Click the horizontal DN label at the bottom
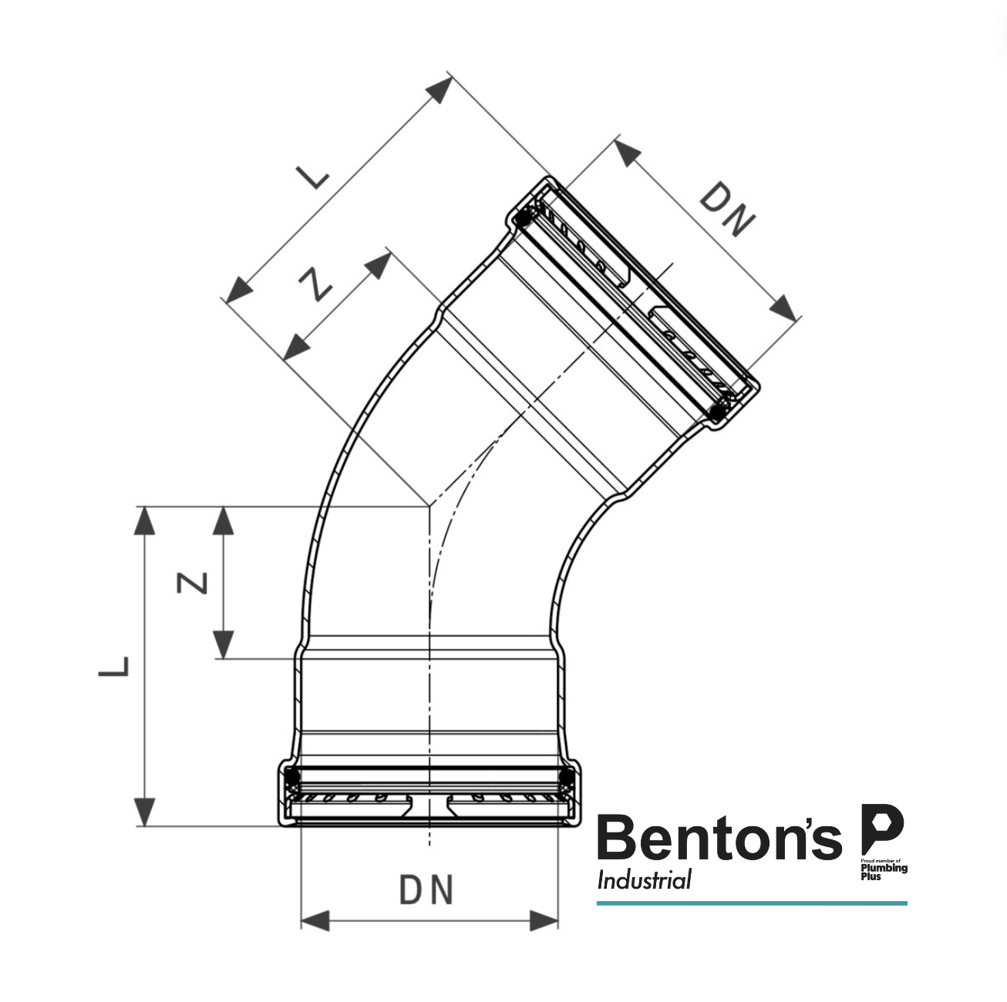pos(426,890)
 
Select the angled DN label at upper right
pos(727,210)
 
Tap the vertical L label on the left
pos(114,667)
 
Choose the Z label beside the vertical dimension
pos(193,583)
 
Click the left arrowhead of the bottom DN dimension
pos(315,920)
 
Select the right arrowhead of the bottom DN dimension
pos(544,920)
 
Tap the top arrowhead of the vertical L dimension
pos(144,521)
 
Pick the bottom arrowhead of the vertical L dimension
pos(144,812)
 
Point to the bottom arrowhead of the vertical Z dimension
pos(224,644)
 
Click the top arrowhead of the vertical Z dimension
pos(224,521)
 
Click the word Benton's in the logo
pos(719,839)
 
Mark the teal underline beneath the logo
pos(752,903)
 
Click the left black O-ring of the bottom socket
pos(291,775)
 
